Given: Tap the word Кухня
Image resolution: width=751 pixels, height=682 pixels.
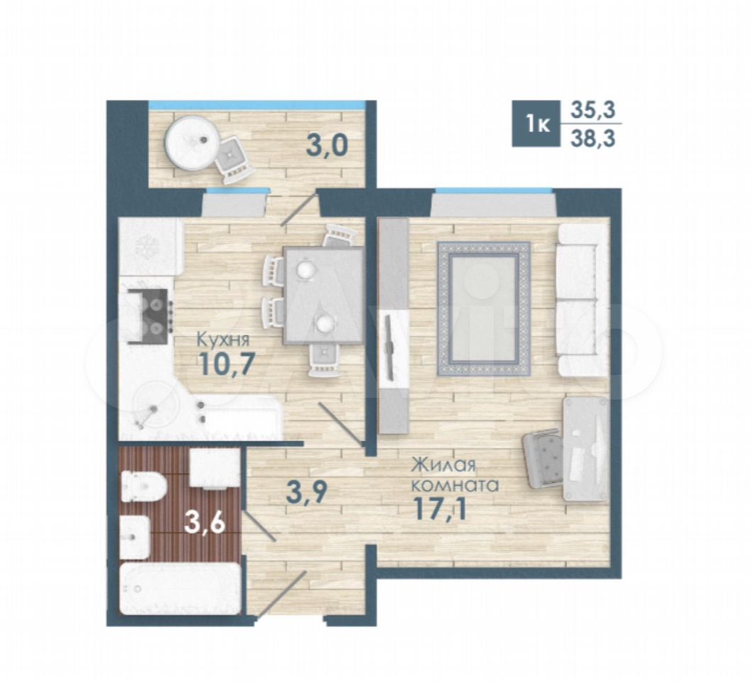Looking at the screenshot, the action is [222, 340].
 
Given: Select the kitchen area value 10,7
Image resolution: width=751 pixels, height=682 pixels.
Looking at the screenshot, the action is [223, 365].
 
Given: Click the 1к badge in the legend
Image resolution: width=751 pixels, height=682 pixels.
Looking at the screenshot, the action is [537, 124].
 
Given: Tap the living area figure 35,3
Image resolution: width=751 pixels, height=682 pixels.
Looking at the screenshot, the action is [593, 110].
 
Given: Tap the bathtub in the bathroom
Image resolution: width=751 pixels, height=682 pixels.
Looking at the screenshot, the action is [180, 589].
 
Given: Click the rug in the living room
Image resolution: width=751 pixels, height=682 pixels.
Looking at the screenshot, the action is [484, 308].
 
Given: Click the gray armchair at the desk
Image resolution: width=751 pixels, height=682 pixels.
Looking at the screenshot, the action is [544, 458].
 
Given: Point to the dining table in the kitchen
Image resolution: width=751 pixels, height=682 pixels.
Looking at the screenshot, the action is [323, 295].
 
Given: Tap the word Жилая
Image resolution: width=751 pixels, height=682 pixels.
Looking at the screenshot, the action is [444, 465].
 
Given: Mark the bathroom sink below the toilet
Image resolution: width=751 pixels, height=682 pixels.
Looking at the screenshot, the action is [134, 537].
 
